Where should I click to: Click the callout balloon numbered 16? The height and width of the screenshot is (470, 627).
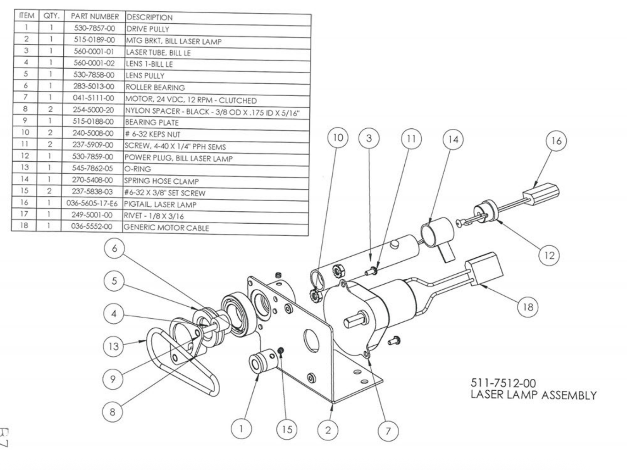coord(556,141)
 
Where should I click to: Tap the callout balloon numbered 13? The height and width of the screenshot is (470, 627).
coord(113,346)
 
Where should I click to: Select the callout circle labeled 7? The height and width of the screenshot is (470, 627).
coord(388,431)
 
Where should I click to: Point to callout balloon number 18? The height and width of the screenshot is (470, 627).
coord(528,307)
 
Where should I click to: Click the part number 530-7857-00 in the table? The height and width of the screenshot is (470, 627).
coord(95,28)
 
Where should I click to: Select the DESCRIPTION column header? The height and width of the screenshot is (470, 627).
coord(150,17)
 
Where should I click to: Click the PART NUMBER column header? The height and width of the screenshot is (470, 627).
coord(95,17)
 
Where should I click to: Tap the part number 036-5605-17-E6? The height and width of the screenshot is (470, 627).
coord(92,203)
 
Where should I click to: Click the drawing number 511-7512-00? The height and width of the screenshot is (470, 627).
coord(503,383)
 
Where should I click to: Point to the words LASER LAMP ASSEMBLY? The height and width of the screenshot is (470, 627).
coord(533,395)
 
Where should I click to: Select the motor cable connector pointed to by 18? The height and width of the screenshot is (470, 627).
coord(484,269)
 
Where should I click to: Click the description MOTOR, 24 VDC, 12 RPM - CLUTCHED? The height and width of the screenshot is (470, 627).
coord(191,100)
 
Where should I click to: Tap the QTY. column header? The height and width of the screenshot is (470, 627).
coord(51,16)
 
